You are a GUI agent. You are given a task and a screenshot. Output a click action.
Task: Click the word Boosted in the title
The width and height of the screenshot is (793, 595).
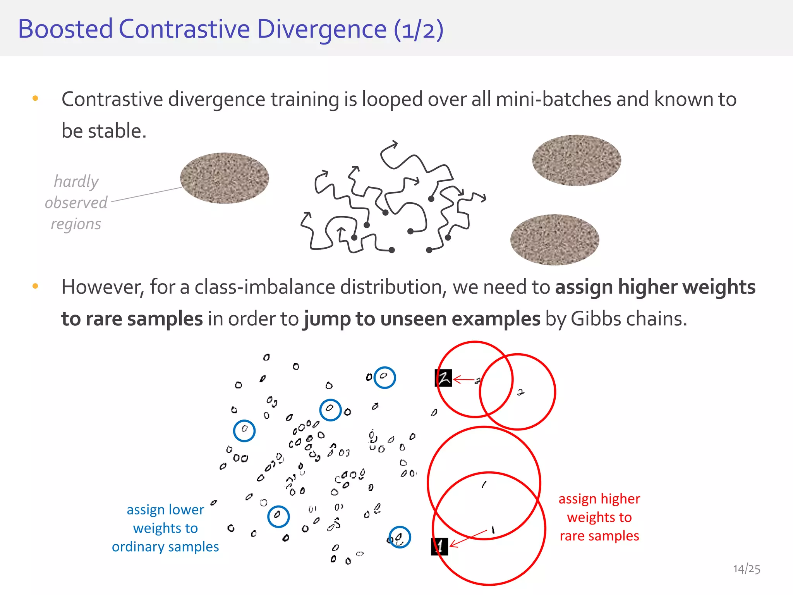65,29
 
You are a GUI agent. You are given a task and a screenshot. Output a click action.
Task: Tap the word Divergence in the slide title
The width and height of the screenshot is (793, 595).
321,30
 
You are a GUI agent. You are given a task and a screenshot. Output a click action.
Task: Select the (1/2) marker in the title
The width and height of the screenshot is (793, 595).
418,30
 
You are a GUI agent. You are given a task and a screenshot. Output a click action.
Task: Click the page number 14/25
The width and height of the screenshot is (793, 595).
746,569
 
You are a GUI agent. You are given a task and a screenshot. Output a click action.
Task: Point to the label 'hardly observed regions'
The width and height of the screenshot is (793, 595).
76,202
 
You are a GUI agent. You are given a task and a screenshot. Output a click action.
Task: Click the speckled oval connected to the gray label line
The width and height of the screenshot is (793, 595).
225,178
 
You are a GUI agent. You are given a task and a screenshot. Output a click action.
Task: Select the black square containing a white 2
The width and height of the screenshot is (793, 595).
443,378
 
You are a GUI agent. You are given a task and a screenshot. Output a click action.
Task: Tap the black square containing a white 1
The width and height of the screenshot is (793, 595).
439,547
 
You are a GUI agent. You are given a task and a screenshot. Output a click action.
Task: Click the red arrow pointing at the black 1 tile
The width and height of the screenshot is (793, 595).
468,538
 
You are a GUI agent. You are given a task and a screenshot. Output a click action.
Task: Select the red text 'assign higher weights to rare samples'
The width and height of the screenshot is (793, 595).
599,517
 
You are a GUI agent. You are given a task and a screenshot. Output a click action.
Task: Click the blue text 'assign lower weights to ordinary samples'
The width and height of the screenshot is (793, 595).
165,528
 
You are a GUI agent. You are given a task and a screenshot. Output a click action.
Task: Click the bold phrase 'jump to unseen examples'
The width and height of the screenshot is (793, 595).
422,319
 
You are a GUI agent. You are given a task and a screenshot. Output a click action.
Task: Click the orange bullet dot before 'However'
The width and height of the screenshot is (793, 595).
35,286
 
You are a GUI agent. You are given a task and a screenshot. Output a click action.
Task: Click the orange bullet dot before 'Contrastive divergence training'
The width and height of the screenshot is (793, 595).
35,98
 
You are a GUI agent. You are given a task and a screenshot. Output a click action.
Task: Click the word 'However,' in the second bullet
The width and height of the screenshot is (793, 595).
103,287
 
